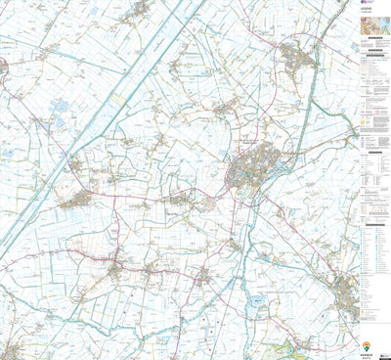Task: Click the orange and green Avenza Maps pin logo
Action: [x=368, y=344]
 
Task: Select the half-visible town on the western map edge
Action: [x=3, y=68]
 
